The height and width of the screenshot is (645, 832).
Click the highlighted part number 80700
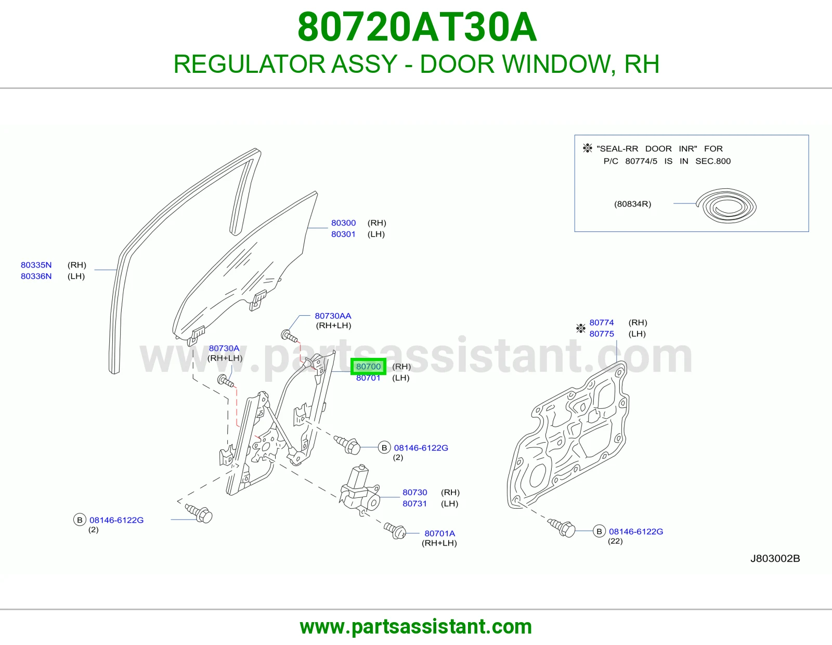click(x=368, y=367)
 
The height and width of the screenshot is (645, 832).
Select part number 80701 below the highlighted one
click(x=368, y=378)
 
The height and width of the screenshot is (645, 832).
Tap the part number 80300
click(x=343, y=223)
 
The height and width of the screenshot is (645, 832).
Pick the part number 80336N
click(x=36, y=276)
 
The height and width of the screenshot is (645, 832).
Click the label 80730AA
click(x=333, y=316)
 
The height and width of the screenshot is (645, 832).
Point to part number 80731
click(x=414, y=504)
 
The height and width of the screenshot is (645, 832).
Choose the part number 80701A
click(x=439, y=534)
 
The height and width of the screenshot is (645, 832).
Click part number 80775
click(x=602, y=334)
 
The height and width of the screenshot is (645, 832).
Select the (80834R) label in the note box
click(x=632, y=204)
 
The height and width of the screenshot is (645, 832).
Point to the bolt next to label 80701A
click(x=395, y=531)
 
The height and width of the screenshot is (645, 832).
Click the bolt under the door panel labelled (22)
click(x=561, y=528)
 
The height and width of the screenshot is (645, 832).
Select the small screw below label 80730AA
click(x=289, y=337)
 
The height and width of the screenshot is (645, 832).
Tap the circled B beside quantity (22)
click(x=599, y=531)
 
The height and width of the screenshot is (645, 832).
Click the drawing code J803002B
click(x=775, y=559)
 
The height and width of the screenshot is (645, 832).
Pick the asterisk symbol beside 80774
click(x=581, y=328)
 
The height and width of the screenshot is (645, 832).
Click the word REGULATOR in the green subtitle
click(x=249, y=64)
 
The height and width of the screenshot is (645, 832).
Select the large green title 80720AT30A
click(x=417, y=27)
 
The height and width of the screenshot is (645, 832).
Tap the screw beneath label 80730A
click(x=226, y=381)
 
